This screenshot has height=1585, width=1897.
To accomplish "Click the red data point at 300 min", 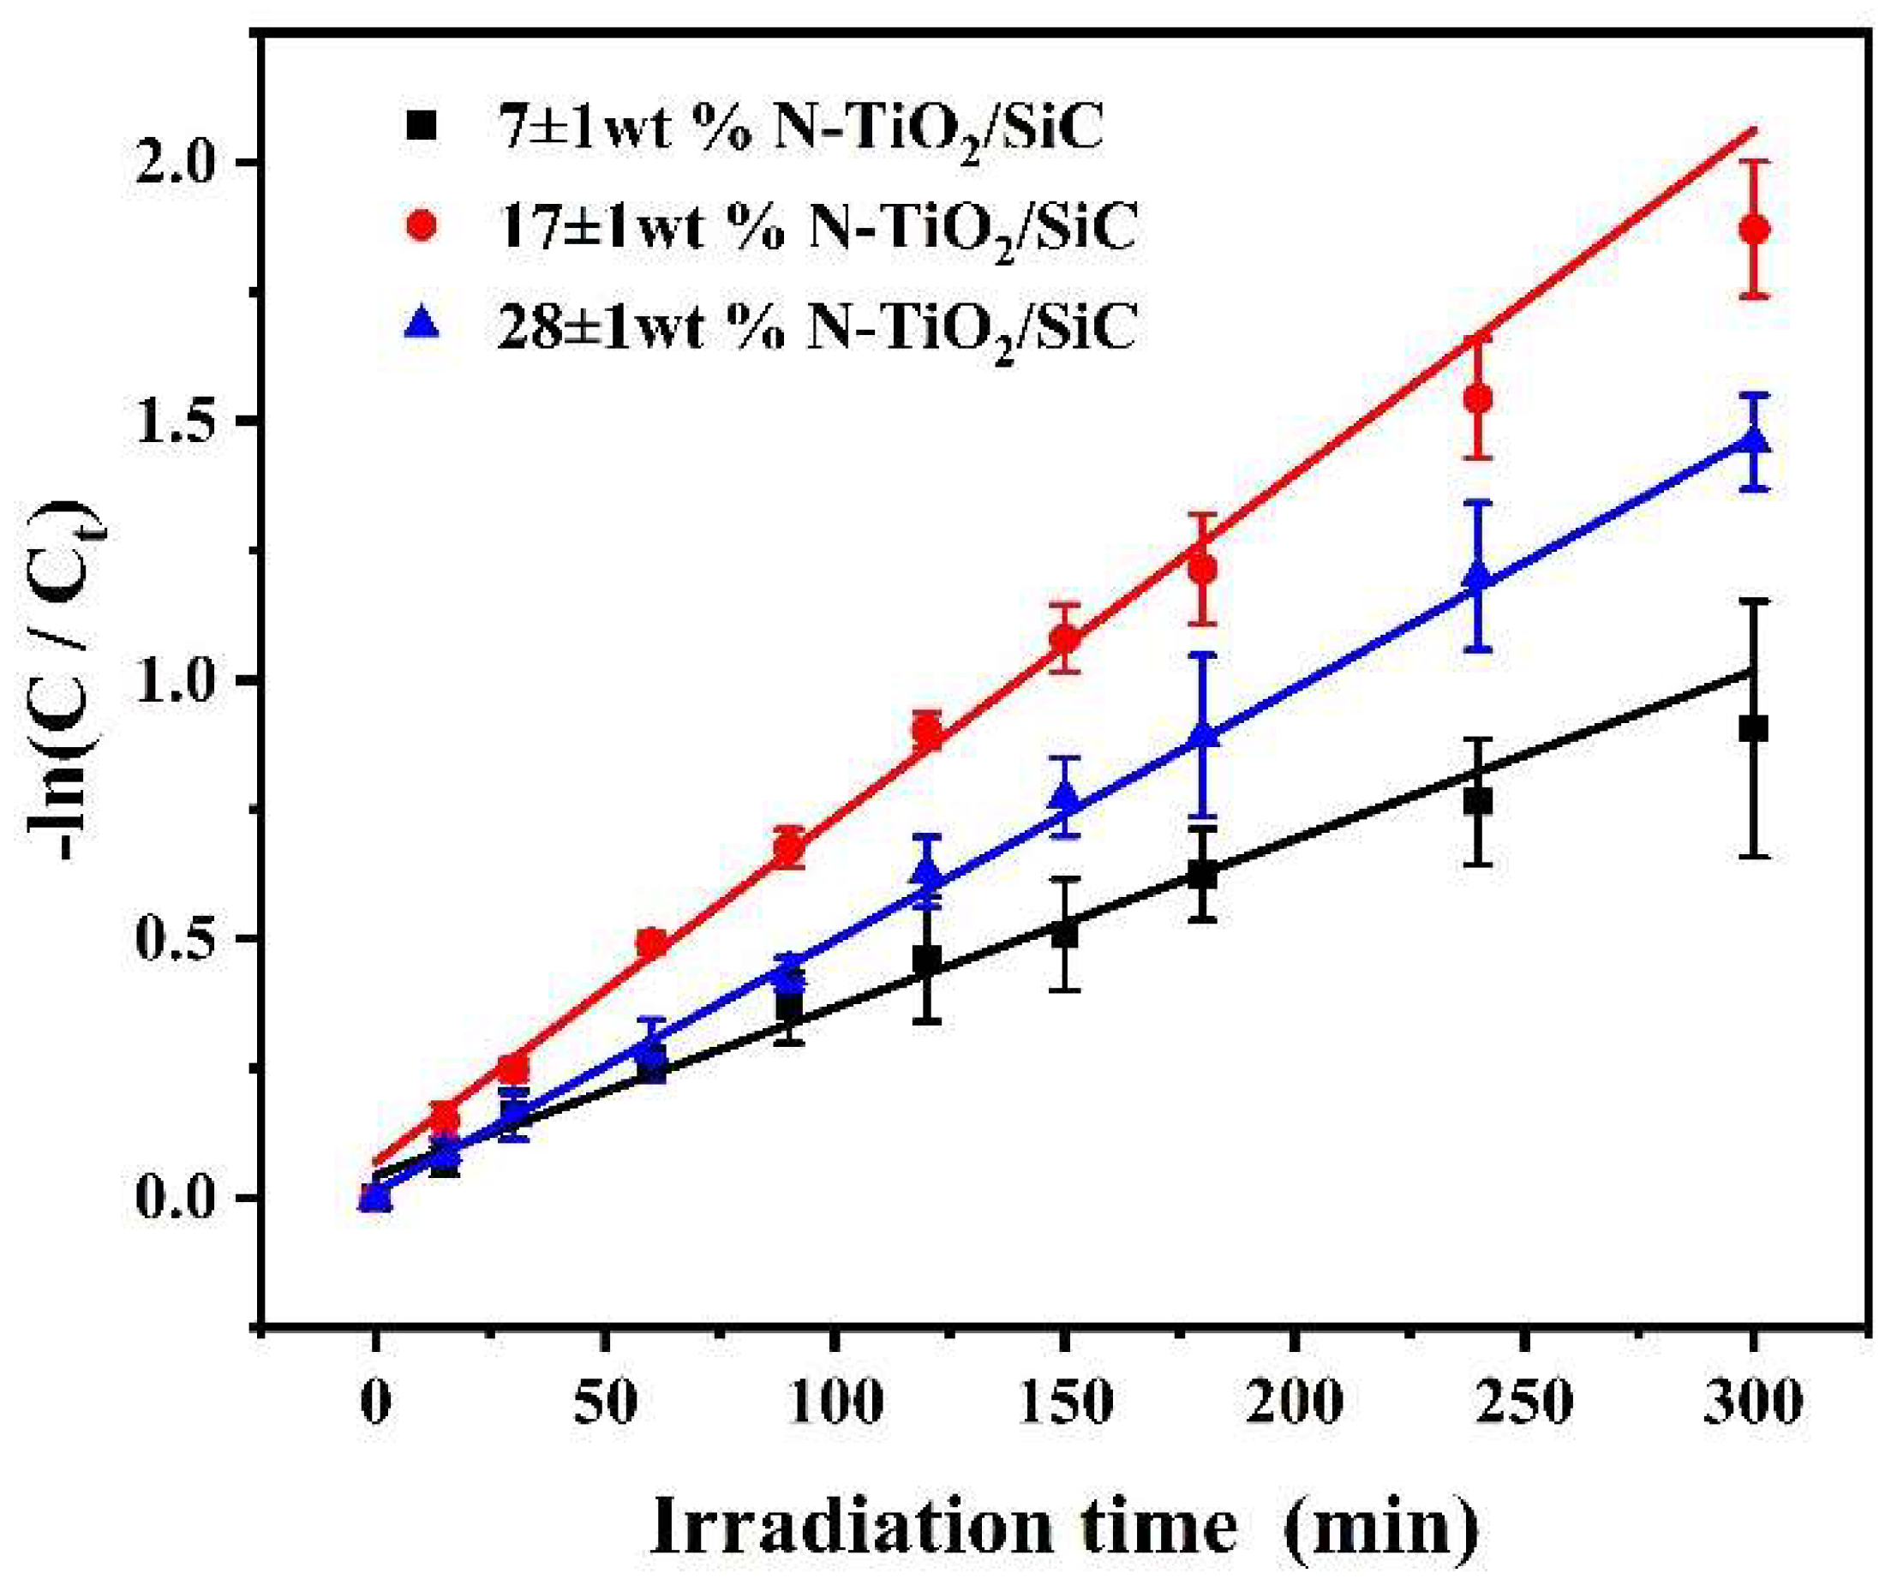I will (1753, 230).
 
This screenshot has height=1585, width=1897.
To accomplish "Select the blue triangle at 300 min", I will (1753, 440).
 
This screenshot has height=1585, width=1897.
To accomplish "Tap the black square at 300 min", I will (1753, 728).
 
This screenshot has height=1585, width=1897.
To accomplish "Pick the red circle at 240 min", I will (1478, 398).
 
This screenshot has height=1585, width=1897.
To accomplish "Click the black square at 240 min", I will (1478, 801).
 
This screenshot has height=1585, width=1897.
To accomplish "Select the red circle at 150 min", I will (1066, 638).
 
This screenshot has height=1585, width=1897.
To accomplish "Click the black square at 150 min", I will (1066, 934).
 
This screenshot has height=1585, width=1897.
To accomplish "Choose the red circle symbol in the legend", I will (422, 228).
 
